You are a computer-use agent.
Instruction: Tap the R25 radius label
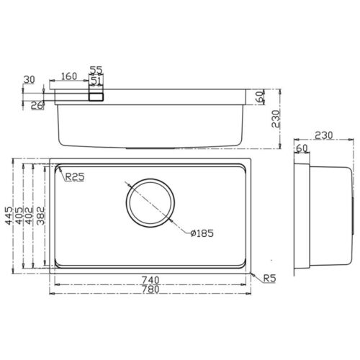(74, 179)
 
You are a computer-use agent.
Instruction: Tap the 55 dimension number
(96, 69)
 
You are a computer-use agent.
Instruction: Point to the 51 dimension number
(96, 81)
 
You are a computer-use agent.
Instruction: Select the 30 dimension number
(29, 80)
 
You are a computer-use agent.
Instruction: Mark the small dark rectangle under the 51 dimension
(96, 94)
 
